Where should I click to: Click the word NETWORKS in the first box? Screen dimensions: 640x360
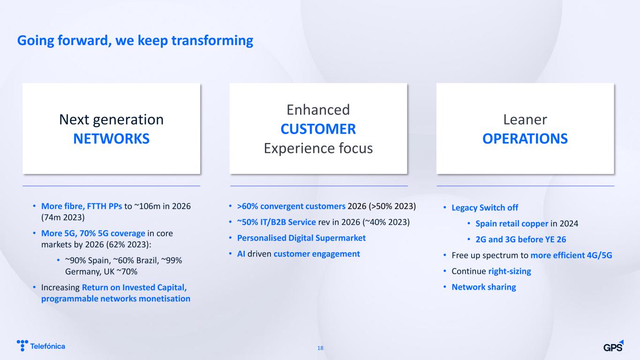point(112,139)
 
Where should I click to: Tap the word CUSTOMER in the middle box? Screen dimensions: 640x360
point(318,129)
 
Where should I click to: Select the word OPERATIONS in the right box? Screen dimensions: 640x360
point(525,139)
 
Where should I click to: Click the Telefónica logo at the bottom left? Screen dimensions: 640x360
point(41,345)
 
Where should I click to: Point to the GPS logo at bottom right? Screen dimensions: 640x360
point(613,346)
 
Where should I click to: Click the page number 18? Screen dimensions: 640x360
point(320,348)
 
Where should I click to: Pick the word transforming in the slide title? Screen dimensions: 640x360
point(212,41)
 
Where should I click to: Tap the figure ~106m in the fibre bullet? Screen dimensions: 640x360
point(147,206)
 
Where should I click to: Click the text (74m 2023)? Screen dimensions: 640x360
point(63,217)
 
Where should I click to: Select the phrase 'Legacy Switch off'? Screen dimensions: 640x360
point(485,208)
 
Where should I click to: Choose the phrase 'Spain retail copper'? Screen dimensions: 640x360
point(512,224)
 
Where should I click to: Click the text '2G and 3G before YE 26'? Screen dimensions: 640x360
point(520,240)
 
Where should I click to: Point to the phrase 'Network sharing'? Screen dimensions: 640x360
point(484,287)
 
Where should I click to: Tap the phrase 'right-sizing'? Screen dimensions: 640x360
point(510,271)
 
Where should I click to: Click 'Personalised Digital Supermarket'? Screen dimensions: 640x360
point(301,238)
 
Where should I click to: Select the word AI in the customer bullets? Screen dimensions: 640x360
point(241,254)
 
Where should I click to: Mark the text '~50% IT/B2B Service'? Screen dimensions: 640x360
point(276,222)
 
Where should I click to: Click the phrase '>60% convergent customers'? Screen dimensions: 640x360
point(291,206)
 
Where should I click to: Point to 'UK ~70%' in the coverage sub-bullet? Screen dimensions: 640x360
point(120,272)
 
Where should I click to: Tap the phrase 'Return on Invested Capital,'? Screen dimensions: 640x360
point(134,287)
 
